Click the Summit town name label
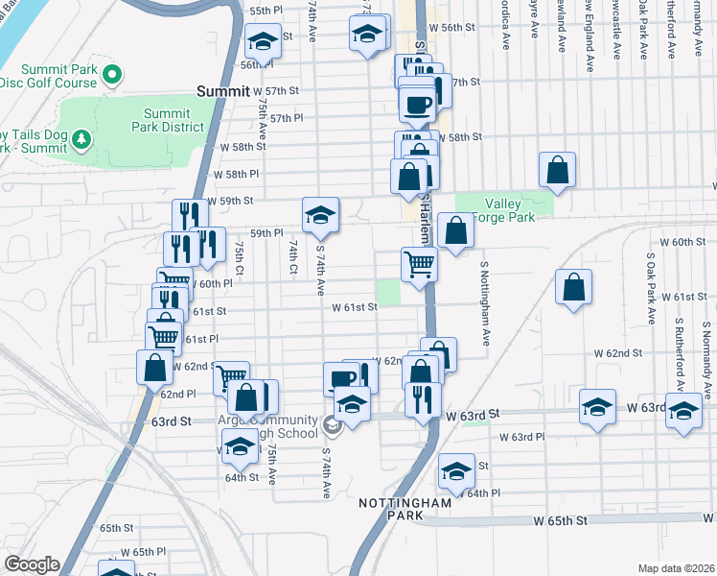tap(222, 91)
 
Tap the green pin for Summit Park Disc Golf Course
tap(112, 73)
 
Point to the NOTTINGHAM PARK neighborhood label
tap(405, 509)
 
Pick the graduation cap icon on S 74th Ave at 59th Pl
tap(320, 214)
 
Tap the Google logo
tap(33, 564)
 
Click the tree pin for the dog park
tap(82, 139)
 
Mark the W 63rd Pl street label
tap(522, 436)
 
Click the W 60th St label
tap(682, 242)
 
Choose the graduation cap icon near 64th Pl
tap(456, 471)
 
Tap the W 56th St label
tap(451, 28)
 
